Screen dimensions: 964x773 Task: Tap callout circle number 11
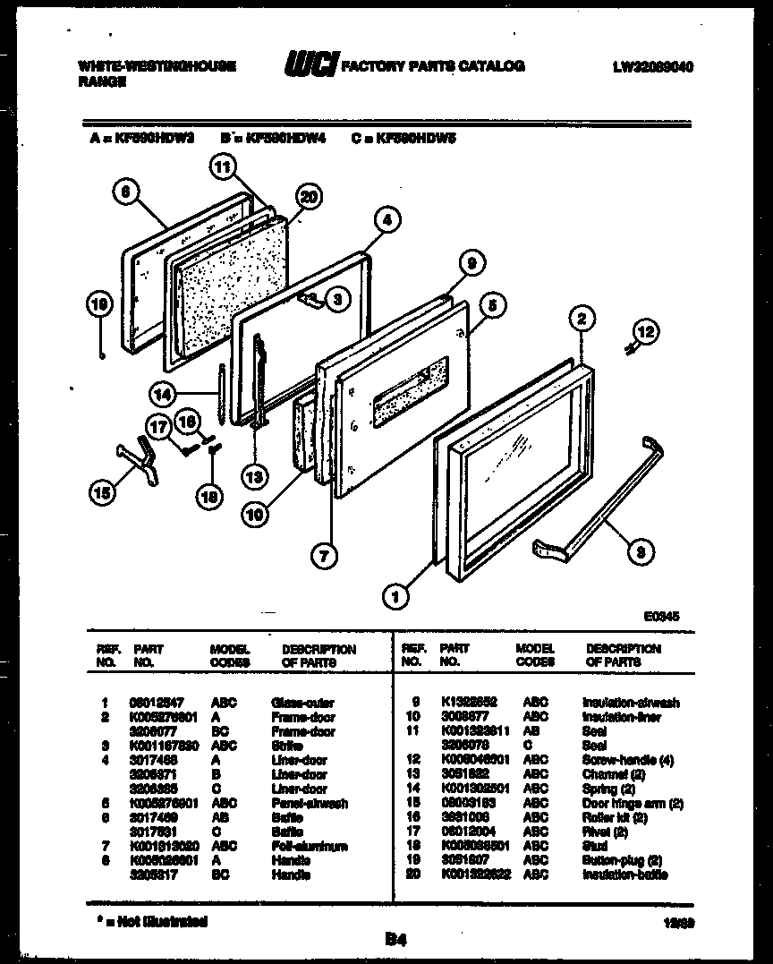pos(222,166)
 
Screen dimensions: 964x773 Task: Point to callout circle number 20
pos(308,198)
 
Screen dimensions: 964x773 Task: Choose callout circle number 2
pos(581,317)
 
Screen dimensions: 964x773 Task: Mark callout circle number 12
pos(645,333)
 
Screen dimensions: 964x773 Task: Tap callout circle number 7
pos(323,555)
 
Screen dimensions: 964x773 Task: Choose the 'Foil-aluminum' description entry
pos(309,847)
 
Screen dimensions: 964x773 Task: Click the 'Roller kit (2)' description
pos(615,818)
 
